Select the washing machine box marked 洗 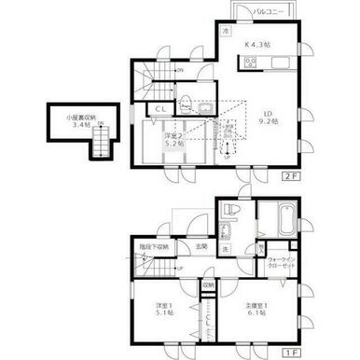click(225, 249)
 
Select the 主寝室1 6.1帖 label click(256, 309)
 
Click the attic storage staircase click(100, 141)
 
